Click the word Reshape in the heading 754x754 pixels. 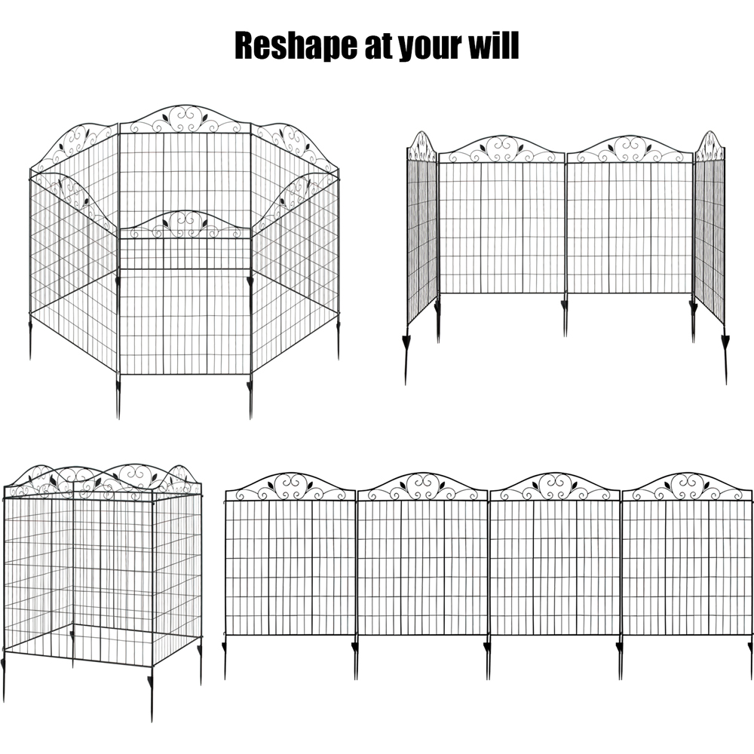pyautogui.click(x=296, y=46)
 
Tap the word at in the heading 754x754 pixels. pyautogui.click(x=379, y=47)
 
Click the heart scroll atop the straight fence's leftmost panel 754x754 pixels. pyautogui.click(x=290, y=486)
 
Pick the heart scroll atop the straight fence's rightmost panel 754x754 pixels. pyautogui.click(x=688, y=486)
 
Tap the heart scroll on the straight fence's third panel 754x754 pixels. pyautogui.click(x=555, y=486)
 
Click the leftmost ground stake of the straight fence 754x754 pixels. pyautogui.click(x=225, y=659)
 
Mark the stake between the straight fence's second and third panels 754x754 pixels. pyautogui.click(x=488, y=659)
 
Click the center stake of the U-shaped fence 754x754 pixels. pyautogui.click(x=565, y=317)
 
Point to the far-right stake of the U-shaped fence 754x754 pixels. pyautogui.click(x=725, y=356)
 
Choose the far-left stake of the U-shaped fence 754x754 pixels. pyautogui.click(x=406, y=356)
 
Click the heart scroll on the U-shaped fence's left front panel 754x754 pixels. pyautogui.click(x=501, y=149)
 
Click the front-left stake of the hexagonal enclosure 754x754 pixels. pyautogui.click(x=118, y=395)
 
